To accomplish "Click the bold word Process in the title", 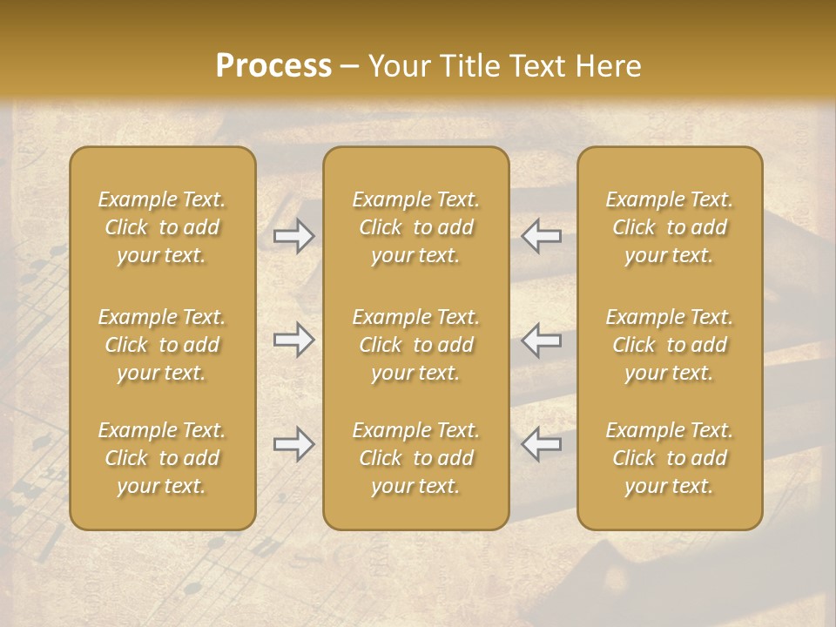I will (x=273, y=66).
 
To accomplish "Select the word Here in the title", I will (x=609, y=66).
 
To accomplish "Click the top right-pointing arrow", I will (x=294, y=236).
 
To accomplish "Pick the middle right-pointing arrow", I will (x=294, y=340).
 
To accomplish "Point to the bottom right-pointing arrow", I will (x=294, y=444).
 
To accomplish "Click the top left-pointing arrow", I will (x=541, y=236).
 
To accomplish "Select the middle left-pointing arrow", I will (x=541, y=340).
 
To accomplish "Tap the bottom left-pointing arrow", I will (x=541, y=444).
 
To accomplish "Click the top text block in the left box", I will (x=162, y=227).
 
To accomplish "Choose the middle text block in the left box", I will (x=162, y=345).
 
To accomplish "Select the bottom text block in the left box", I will (x=162, y=458).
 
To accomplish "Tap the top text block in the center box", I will (x=416, y=227).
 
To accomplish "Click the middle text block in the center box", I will (x=416, y=345).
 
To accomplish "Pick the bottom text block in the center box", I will (x=416, y=458).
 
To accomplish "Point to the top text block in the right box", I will (x=670, y=227).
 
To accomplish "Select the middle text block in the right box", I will (x=670, y=345).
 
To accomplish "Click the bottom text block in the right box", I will (x=670, y=458).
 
